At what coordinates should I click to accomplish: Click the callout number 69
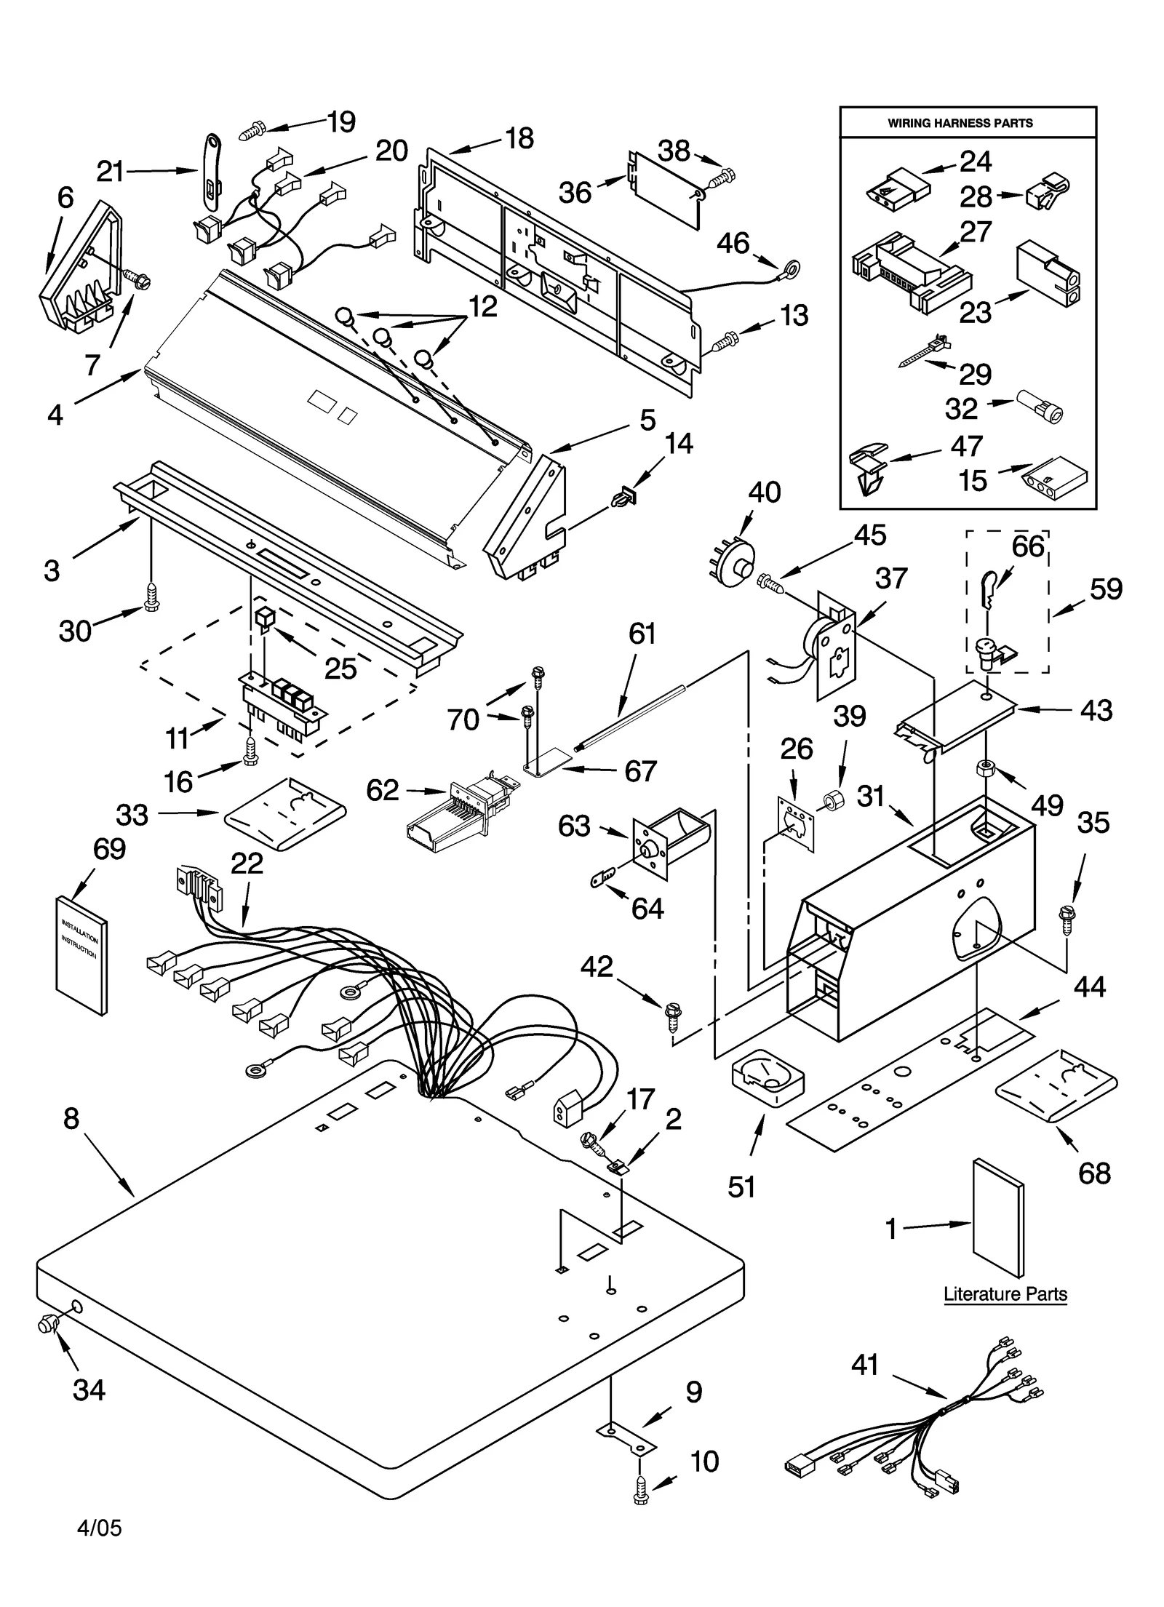pyautogui.click(x=109, y=849)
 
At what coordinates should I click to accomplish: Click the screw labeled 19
pyautogui.click(x=252, y=132)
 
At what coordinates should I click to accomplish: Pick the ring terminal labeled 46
pyautogui.click(x=789, y=268)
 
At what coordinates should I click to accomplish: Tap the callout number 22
pyautogui.click(x=247, y=864)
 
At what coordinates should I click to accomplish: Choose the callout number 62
pyautogui.click(x=383, y=790)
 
